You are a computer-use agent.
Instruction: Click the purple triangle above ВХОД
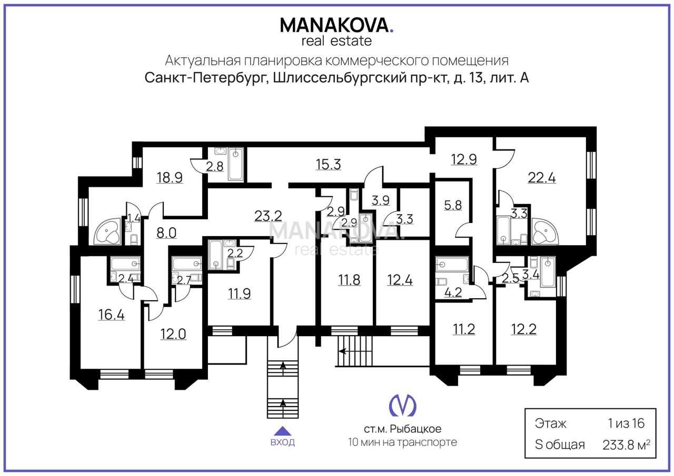pyautogui.click(x=283, y=431)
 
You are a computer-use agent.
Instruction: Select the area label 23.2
pyautogui.click(x=268, y=216)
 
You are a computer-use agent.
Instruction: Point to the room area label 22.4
pyautogui.click(x=542, y=178)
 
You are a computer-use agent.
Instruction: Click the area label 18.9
pyautogui.click(x=170, y=178)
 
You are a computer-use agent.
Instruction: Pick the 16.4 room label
pyautogui.click(x=111, y=315)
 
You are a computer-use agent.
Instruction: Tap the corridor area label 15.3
pyautogui.click(x=328, y=165)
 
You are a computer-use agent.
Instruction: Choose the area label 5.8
pyautogui.click(x=453, y=205)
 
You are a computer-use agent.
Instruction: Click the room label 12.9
pyautogui.click(x=464, y=159)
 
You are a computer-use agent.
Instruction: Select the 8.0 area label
pyautogui.click(x=166, y=233)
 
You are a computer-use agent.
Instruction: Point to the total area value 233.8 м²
pyautogui.click(x=626, y=445)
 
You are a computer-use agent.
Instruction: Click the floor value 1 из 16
pyautogui.click(x=626, y=423)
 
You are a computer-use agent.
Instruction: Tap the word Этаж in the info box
pyautogui.click(x=551, y=423)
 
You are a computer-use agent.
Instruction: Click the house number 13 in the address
pyautogui.click(x=475, y=78)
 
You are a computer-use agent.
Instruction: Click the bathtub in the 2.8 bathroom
pyautogui.click(x=235, y=164)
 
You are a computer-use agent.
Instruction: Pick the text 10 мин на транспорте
pyautogui.click(x=403, y=442)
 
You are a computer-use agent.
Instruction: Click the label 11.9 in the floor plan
pyautogui.click(x=239, y=293)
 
